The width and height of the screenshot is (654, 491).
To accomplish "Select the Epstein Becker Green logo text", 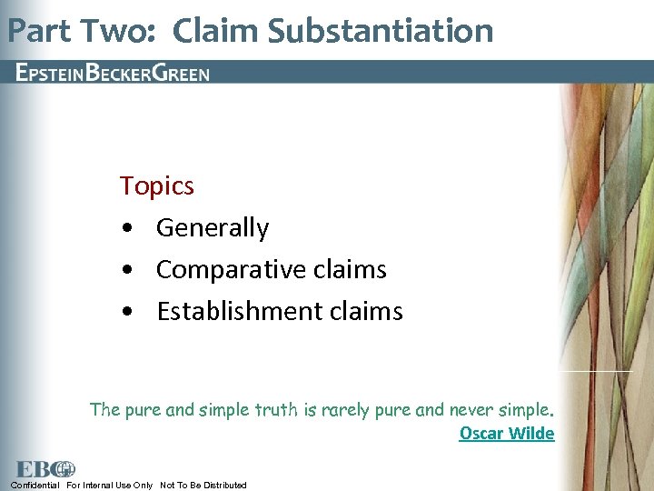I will click(x=113, y=73).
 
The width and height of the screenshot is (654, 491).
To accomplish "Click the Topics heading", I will click(x=157, y=186).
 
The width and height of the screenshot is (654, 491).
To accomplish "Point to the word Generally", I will click(x=213, y=228).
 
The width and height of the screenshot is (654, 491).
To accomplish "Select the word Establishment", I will click(x=239, y=312).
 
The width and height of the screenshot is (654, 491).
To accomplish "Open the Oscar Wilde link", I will click(x=506, y=434).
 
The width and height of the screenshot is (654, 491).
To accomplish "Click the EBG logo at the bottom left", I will click(x=45, y=469).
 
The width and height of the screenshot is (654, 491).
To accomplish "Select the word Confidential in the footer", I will click(x=35, y=485).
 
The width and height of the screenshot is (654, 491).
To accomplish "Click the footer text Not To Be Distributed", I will click(x=203, y=485).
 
